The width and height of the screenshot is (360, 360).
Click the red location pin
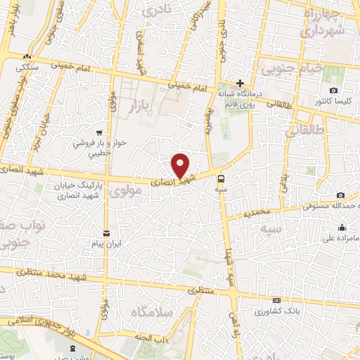point(181,165)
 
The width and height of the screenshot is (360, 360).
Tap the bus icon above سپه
point(221,179)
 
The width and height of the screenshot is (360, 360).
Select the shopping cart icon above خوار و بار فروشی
point(101,131)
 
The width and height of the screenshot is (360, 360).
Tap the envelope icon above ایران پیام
point(106,233)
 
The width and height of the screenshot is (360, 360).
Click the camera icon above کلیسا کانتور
point(333,91)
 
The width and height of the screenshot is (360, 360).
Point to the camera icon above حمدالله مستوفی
point(341,195)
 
